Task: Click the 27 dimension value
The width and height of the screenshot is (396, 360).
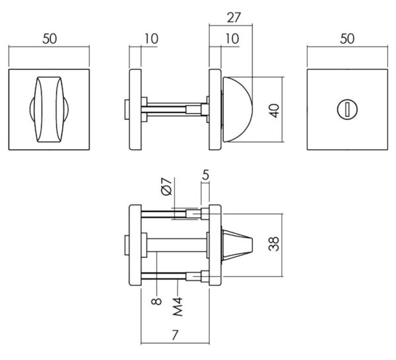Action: [234, 17]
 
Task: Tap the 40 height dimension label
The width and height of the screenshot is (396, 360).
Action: [275, 110]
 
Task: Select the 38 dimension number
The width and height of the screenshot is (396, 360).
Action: [274, 244]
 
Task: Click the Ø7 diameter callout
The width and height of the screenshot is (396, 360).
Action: [166, 186]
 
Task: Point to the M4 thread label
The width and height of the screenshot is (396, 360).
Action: [178, 306]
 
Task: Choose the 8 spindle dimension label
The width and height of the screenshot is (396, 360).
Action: [156, 301]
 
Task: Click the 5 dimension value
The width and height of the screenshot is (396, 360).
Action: [205, 174]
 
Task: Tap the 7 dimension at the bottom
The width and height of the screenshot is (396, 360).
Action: [175, 335]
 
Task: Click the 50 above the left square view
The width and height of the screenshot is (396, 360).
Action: [49, 39]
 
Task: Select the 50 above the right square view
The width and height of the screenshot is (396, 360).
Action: [347, 39]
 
